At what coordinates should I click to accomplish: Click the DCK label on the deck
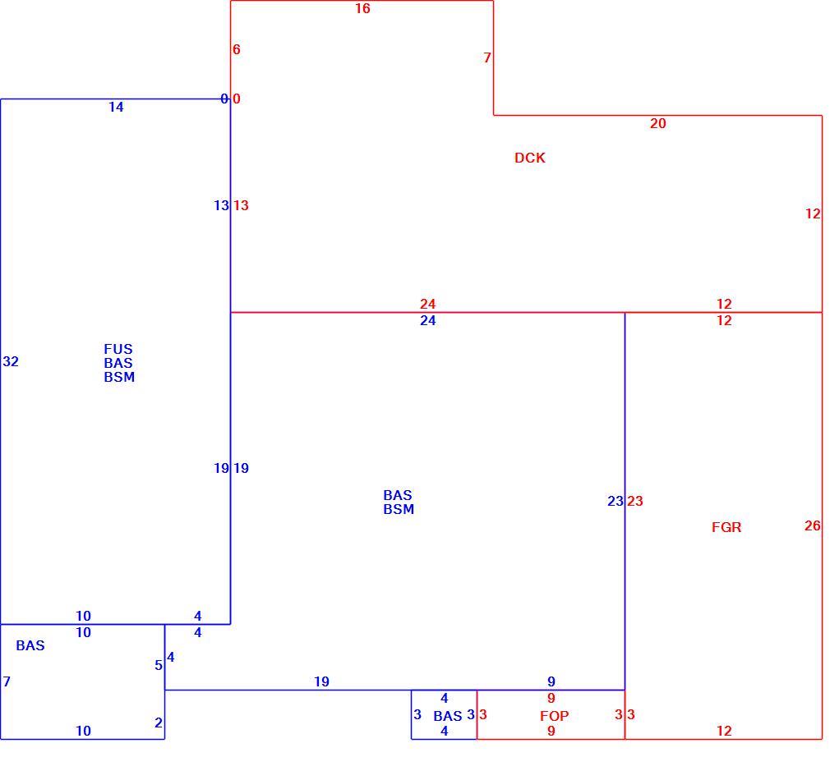pyautogui.click(x=530, y=158)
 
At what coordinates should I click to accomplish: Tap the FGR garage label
pyautogui.click(x=726, y=527)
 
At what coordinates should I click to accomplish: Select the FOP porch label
pyautogui.click(x=554, y=716)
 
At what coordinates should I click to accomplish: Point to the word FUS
pyautogui.click(x=118, y=349)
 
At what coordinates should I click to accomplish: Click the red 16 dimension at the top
pyautogui.click(x=362, y=8)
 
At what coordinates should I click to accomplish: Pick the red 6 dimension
pyautogui.click(x=237, y=49)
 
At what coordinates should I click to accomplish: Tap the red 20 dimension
pyautogui.click(x=658, y=123)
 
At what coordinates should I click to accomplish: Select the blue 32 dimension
pyautogui.click(x=11, y=361)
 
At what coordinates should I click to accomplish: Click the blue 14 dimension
pyautogui.click(x=116, y=107)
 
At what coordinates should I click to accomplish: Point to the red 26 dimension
pyautogui.click(x=813, y=525)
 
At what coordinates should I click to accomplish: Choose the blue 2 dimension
pyautogui.click(x=159, y=723)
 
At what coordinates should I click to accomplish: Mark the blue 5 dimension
pyautogui.click(x=159, y=665)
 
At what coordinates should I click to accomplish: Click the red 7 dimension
pyautogui.click(x=487, y=57)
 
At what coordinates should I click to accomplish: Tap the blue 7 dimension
pyautogui.click(x=7, y=681)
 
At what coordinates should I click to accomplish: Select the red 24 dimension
pyautogui.click(x=427, y=304)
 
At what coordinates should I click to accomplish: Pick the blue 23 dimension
pyautogui.click(x=615, y=501)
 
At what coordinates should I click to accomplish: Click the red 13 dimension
pyautogui.click(x=241, y=205)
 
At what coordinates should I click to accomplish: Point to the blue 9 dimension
pyautogui.click(x=551, y=681)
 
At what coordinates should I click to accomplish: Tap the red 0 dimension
pyautogui.click(x=237, y=99)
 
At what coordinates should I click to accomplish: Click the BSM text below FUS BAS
pyautogui.click(x=119, y=377)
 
